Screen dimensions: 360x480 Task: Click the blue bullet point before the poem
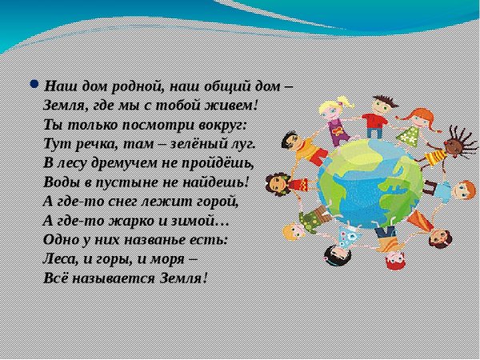(34, 82)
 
